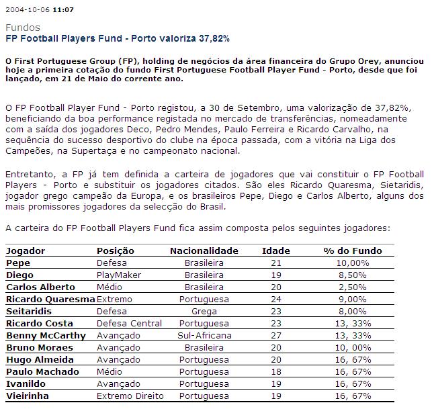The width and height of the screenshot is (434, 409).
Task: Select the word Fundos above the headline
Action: (x=22, y=28)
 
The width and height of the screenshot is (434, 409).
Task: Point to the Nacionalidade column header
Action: (x=204, y=251)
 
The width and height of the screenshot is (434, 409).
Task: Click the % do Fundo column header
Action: (x=352, y=251)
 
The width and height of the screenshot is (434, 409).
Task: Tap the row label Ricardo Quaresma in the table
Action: (x=50, y=300)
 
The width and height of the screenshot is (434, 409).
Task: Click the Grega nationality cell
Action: (x=204, y=312)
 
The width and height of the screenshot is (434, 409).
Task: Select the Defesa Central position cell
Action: (x=129, y=324)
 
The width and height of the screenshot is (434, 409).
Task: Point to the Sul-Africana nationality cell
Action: (x=204, y=336)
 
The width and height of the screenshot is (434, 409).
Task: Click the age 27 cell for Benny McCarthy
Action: (x=273, y=336)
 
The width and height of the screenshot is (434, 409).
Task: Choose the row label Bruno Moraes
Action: (x=39, y=348)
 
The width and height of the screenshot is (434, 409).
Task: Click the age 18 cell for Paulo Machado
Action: (x=273, y=372)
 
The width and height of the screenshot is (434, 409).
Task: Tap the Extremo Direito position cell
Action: (x=130, y=396)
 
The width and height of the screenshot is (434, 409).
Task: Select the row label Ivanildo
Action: (x=24, y=384)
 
